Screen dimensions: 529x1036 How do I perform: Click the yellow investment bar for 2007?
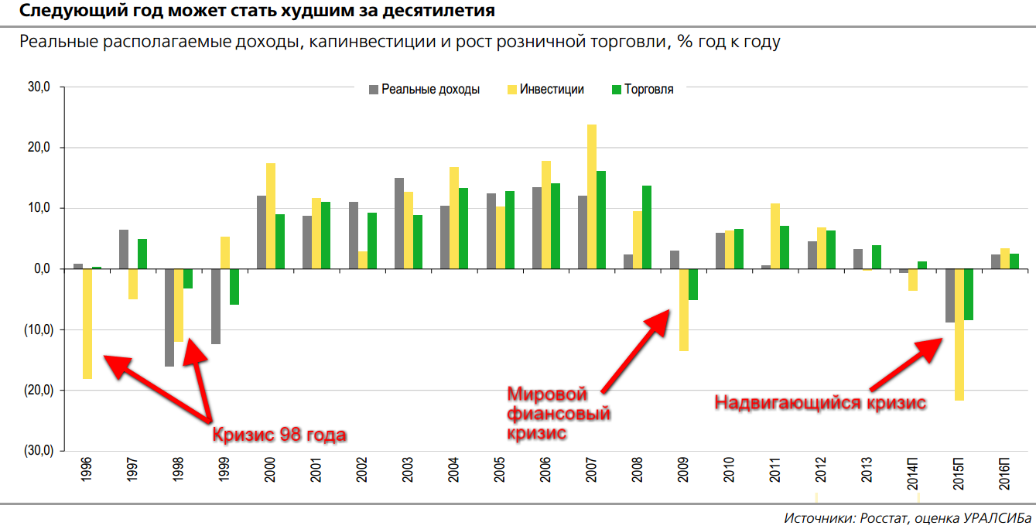click(x=592, y=196)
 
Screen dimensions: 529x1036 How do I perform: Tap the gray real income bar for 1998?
click(x=169, y=317)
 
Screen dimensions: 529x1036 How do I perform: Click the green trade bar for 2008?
click(x=647, y=227)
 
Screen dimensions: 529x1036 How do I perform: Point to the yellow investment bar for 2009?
click(x=684, y=309)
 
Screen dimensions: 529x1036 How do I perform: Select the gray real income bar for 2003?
click(x=399, y=224)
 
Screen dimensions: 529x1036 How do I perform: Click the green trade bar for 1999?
click(x=234, y=286)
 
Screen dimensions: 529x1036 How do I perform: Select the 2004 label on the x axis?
click(x=453, y=471)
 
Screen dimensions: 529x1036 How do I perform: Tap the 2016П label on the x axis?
click(x=1004, y=471)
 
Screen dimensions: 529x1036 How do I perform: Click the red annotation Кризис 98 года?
click(x=279, y=434)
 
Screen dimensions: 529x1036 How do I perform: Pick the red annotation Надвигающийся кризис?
click(x=819, y=403)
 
